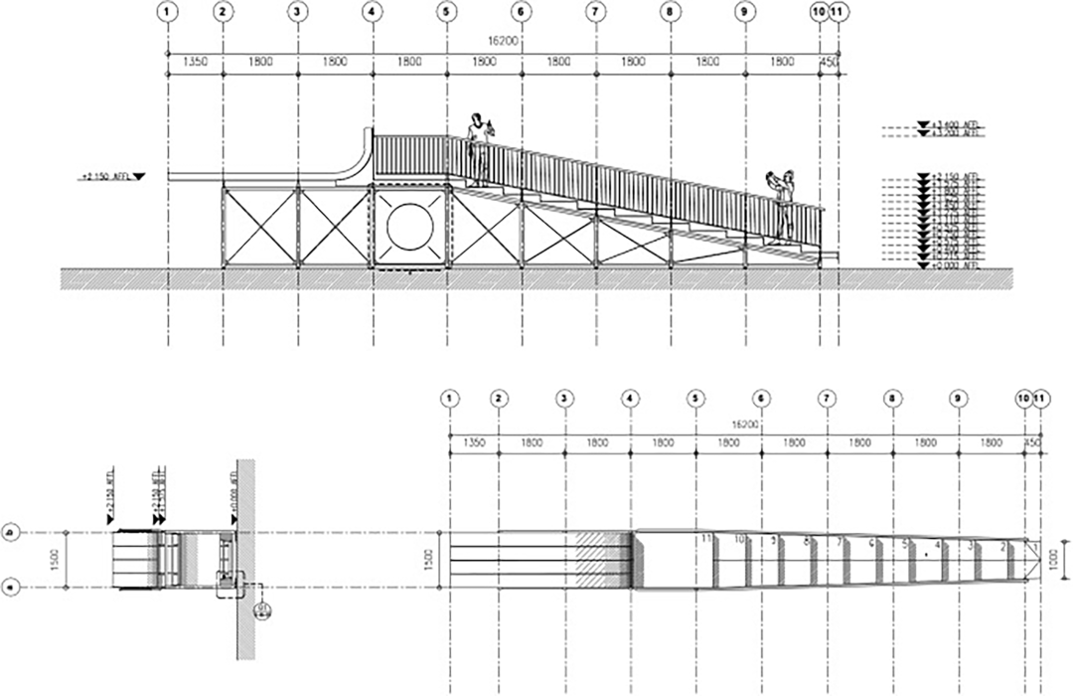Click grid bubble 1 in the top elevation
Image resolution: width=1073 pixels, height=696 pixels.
pos(168,12)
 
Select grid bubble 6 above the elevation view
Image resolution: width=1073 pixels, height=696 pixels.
pos(521,12)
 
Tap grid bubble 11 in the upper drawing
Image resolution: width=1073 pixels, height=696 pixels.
pos(839,12)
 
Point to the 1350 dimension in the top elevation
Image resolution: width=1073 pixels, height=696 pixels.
pos(196,62)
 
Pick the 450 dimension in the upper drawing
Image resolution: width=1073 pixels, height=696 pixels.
pos(830,62)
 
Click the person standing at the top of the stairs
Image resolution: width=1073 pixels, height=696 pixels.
pos(480,147)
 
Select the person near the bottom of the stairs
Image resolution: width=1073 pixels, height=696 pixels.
pos(785,202)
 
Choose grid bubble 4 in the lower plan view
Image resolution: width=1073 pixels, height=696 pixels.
pos(631,398)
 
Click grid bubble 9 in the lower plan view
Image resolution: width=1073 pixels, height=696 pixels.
pos(959,398)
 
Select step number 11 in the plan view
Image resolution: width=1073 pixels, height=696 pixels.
pos(706,538)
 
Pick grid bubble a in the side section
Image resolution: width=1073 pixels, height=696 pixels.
pos(11,588)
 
